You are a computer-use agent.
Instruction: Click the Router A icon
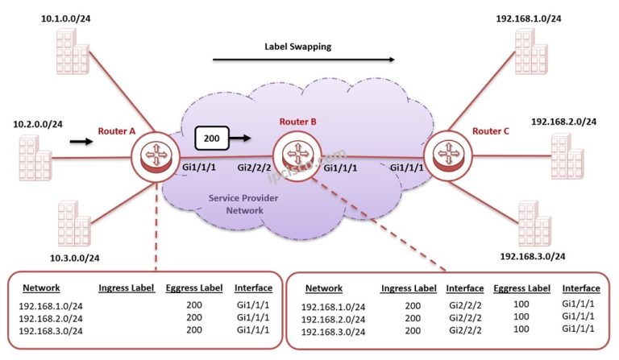(x=156, y=156)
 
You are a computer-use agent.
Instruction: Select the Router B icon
(x=297, y=155)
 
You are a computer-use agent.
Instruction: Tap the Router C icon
(x=447, y=155)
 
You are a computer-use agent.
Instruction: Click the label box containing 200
(x=212, y=138)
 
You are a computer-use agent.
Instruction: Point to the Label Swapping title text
(x=297, y=47)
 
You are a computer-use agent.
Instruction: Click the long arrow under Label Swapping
(x=304, y=60)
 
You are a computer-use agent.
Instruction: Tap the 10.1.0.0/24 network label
(x=65, y=19)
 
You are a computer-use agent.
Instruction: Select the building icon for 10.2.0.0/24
(x=35, y=158)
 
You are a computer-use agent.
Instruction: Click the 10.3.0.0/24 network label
(x=75, y=259)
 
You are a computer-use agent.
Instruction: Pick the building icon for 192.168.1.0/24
(x=531, y=52)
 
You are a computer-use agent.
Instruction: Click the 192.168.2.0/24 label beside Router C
(x=563, y=122)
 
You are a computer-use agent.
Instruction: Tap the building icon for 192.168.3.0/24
(x=534, y=223)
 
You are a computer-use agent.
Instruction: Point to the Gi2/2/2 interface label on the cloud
(x=254, y=168)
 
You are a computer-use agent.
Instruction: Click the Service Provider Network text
(x=243, y=205)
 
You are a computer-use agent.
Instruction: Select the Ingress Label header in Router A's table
(x=127, y=288)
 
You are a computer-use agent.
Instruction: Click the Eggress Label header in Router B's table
(x=521, y=288)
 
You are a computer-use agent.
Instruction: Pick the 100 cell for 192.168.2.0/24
(x=521, y=317)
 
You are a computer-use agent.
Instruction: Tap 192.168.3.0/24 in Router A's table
(x=51, y=331)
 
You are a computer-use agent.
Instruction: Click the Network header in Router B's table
(x=324, y=288)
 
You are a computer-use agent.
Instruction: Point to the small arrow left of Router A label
(x=81, y=141)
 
